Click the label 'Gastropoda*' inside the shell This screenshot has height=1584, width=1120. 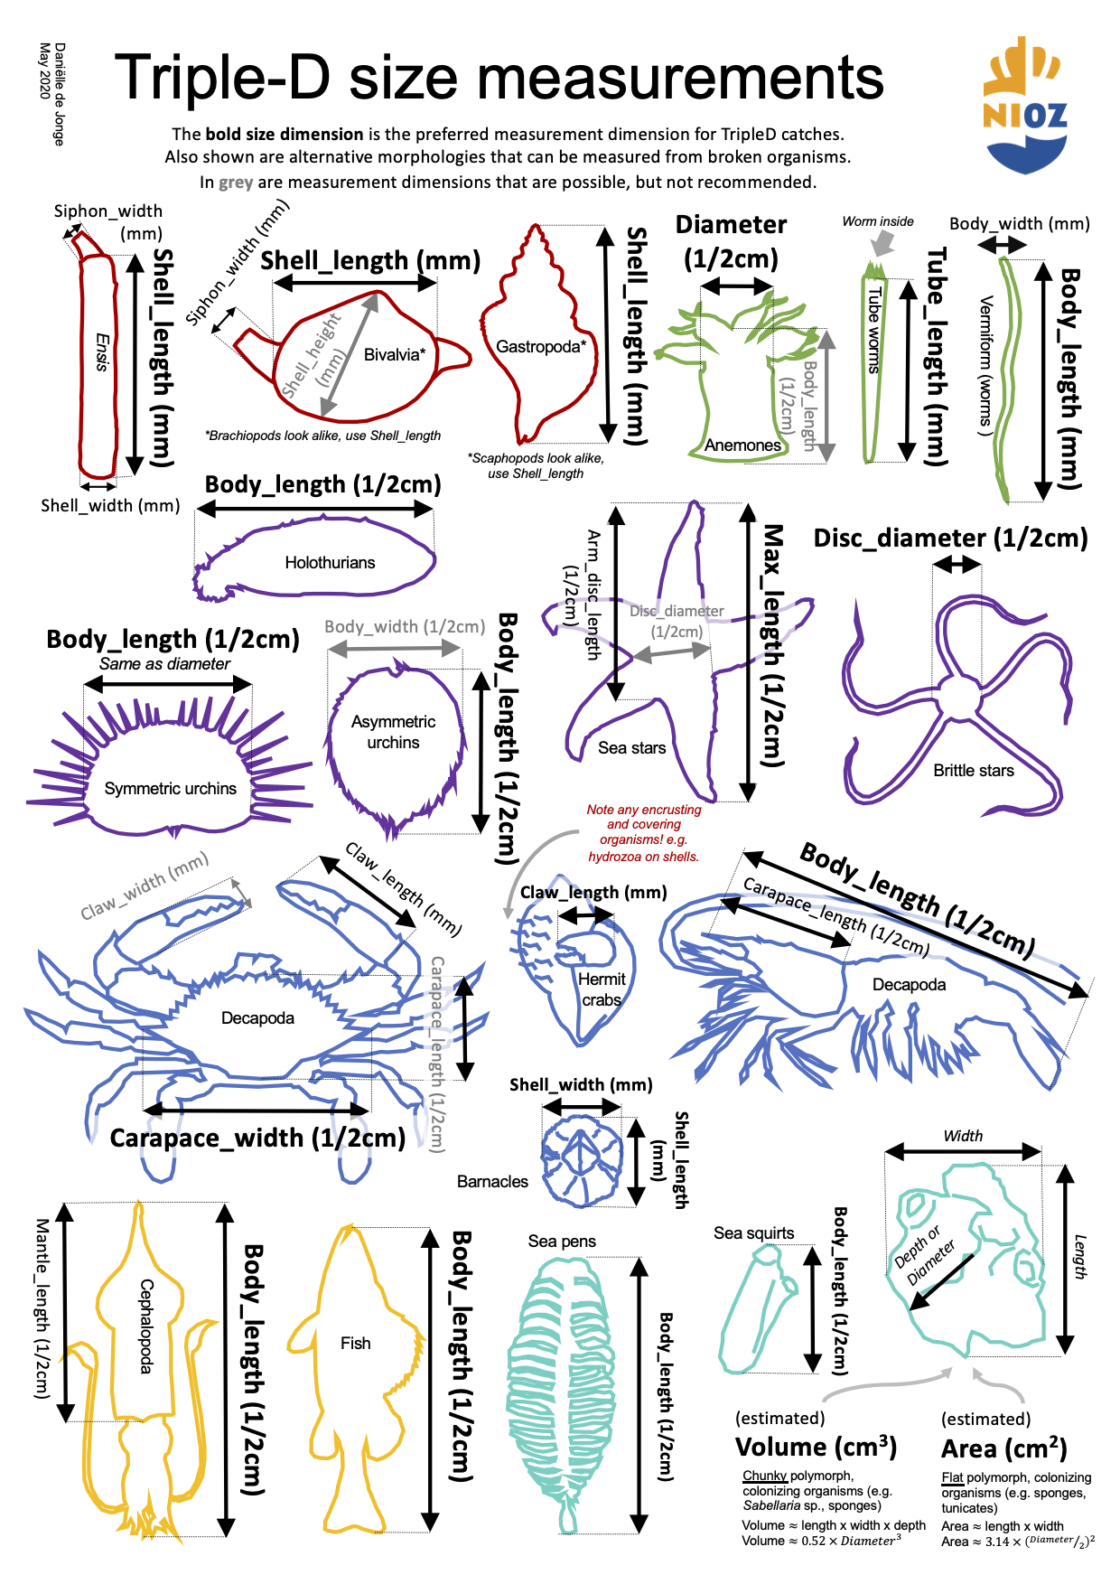tap(541, 346)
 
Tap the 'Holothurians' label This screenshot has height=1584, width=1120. tap(330, 563)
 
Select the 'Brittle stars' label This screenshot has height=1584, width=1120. tap(973, 771)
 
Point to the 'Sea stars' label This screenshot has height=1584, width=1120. tap(631, 748)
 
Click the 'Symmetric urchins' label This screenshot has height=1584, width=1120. tap(170, 789)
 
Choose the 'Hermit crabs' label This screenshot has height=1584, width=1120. tap(602, 989)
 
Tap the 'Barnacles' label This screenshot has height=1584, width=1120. tap(492, 1182)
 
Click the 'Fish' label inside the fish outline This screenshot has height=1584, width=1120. tap(355, 1344)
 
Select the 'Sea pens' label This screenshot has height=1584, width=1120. tap(562, 1242)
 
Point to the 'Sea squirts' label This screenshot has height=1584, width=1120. tap(753, 1233)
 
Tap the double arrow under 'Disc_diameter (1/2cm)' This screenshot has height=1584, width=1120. tap(957, 565)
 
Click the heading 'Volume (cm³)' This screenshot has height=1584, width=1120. tap(816, 1447)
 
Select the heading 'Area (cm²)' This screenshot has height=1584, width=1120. tap(1003, 1448)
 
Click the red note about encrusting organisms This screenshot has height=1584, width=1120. tap(643, 833)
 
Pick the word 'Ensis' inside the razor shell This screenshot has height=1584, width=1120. tap(103, 352)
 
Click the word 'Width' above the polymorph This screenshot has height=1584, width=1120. tap(963, 1136)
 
